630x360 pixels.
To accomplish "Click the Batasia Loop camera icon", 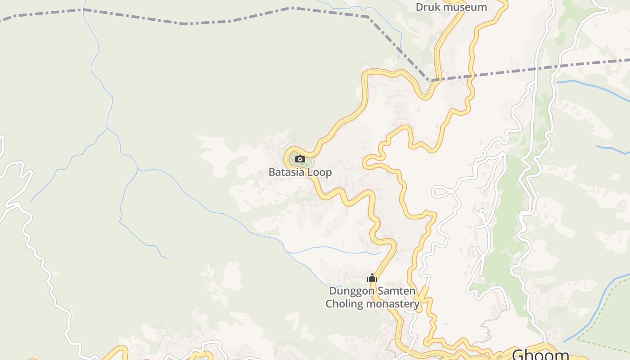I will [300, 159].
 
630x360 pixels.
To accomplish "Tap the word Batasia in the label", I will [285, 172].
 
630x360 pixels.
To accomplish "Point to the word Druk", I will [426, 7].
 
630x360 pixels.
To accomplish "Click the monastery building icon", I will [372, 278].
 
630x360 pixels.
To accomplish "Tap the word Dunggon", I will [352, 291].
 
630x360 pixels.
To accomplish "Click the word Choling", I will [344, 304].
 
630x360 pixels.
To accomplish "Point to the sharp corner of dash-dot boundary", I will [428, 81].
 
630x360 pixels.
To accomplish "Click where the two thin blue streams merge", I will [107, 128].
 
